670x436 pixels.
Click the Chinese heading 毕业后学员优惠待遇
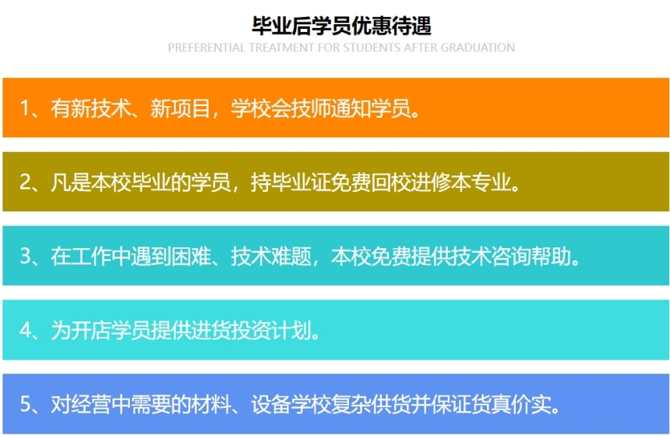tap(341, 26)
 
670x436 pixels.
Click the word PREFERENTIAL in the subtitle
tap(206, 48)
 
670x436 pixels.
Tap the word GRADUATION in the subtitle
tap(478, 48)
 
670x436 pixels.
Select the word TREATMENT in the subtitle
tap(281, 48)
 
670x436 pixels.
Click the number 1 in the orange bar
tap(25, 108)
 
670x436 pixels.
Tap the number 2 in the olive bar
tap(25, 182)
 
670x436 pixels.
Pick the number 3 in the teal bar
tap(25, 256)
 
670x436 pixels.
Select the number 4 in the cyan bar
tap(25, 330)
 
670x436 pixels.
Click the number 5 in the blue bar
tap(25, 404)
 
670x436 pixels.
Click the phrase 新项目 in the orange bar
tap(180, 108)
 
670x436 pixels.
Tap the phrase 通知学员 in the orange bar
tap(371, 108)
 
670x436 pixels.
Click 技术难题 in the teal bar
tap(271, 256)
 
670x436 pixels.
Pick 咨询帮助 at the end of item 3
tap(531, 256)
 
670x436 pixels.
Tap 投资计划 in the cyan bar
tap(271, 330)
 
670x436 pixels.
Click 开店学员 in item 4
tap(111, 330)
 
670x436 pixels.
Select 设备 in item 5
tap(271, 404)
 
